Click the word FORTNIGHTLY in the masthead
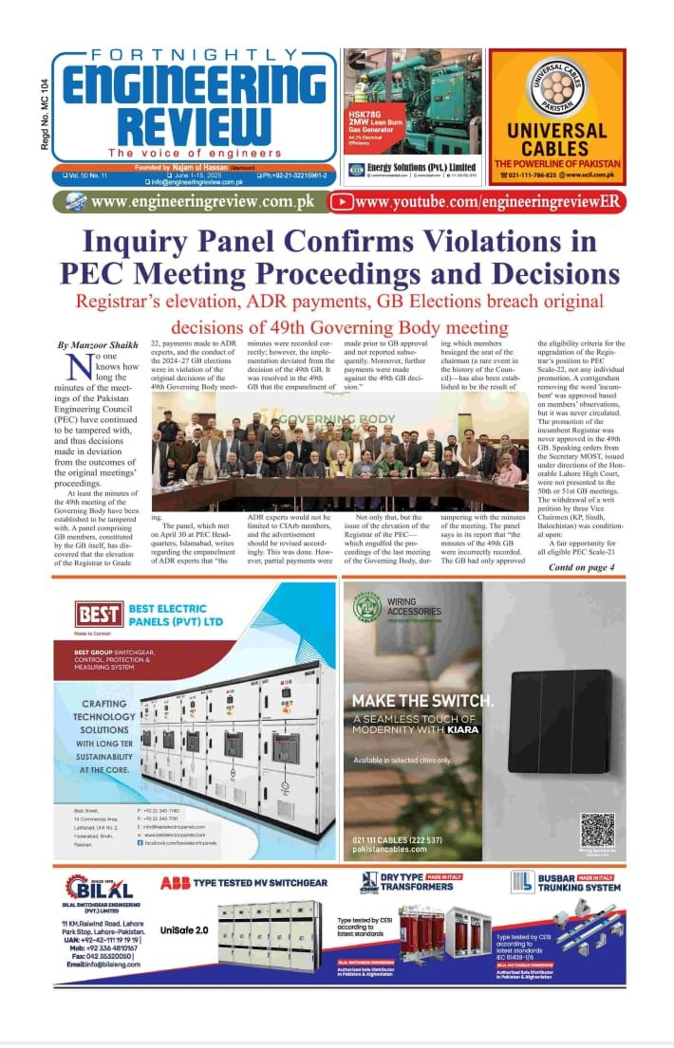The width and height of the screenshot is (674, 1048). click(194, 57)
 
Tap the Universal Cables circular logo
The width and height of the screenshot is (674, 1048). click(557, 86)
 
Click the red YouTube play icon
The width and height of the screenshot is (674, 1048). click(343, 201)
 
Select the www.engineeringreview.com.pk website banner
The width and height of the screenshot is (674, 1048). click(197, 201)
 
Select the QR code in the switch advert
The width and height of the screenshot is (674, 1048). click(597, 828)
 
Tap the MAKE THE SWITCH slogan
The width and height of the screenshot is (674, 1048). click(422, 701)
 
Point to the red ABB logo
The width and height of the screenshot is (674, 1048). click(175, 883)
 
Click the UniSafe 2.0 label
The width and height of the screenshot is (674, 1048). click(184, 930)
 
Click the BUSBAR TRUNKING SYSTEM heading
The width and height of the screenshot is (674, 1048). click(571, 882)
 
